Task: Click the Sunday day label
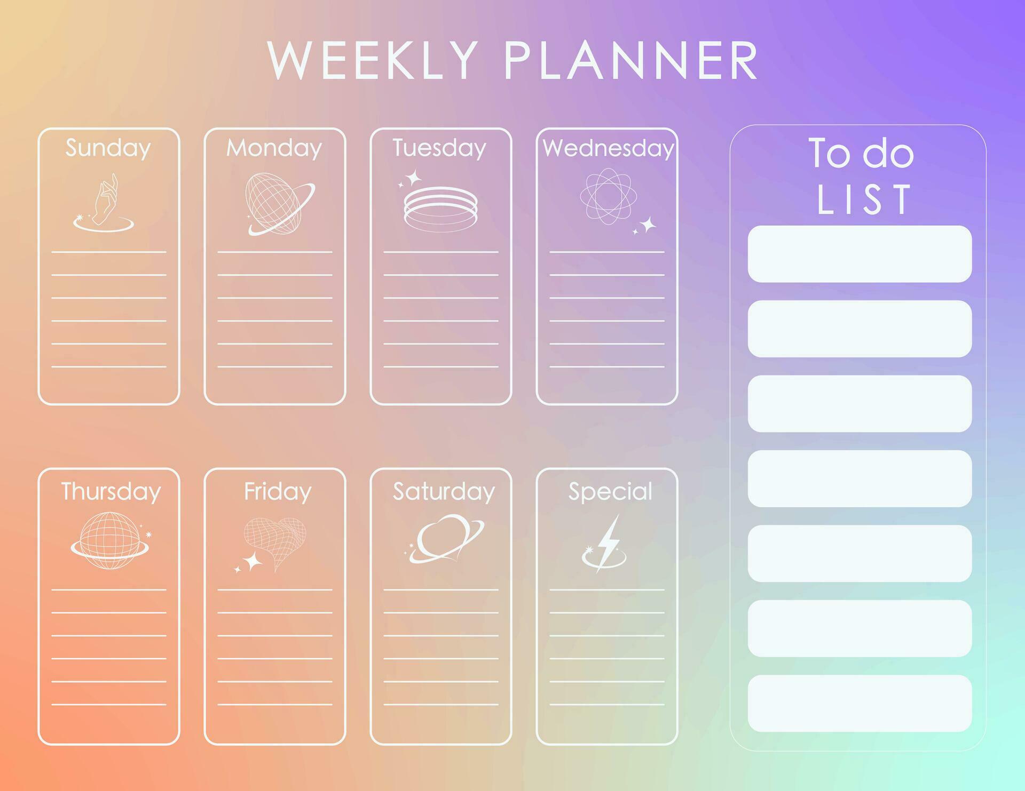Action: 108,148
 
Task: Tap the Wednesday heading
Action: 608,148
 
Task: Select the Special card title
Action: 610,491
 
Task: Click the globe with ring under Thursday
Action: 110,541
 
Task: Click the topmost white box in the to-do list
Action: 859,254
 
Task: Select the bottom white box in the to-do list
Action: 859,703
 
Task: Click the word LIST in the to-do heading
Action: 863,199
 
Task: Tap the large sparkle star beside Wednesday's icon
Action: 648,225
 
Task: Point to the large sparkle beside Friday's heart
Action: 253,561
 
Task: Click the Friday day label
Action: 278,491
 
